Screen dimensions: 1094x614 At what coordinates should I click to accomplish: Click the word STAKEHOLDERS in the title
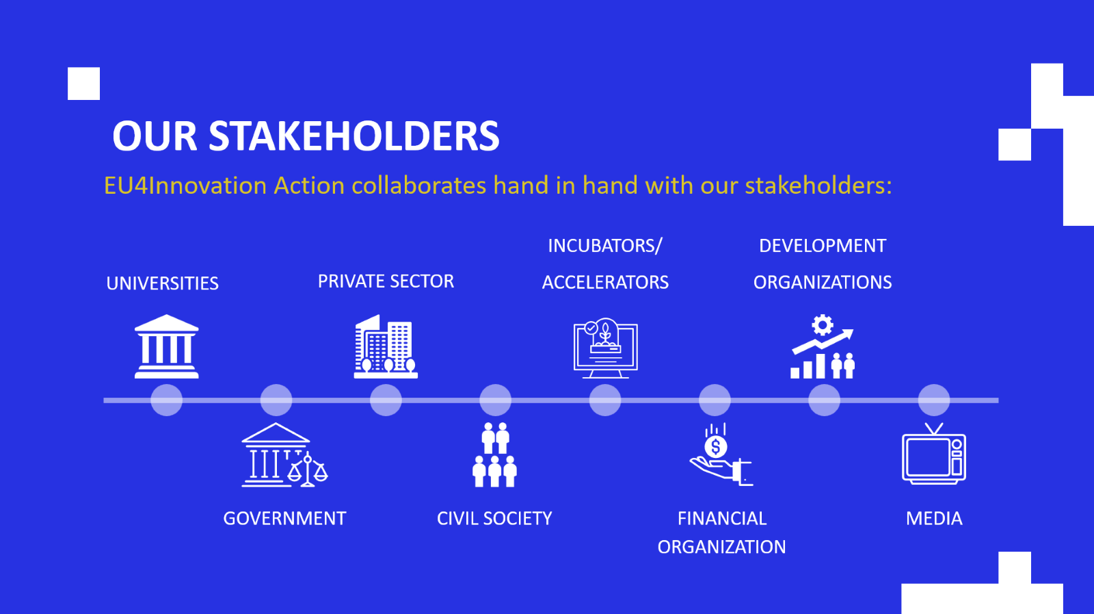(354, 136)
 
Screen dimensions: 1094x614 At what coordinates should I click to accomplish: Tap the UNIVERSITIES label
(162, 283)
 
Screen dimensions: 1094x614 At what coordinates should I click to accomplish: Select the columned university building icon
(167, 346)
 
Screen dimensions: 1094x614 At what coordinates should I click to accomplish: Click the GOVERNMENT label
(284, 519)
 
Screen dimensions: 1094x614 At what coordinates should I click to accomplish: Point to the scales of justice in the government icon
(308, 470)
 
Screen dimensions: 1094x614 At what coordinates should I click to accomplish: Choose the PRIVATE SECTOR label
(386, 281)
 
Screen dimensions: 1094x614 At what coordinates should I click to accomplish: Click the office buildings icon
(386, 346)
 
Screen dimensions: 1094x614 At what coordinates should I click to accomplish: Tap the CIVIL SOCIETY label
(494, 519)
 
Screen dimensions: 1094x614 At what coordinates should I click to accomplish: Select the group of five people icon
(495, 455)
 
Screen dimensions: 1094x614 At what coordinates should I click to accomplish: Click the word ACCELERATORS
(605, 283)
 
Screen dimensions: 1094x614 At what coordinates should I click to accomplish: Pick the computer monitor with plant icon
(606, 348)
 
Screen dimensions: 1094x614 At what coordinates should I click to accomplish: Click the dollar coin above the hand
(716, 446)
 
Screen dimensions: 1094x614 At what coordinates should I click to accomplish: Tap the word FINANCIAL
(722, 519)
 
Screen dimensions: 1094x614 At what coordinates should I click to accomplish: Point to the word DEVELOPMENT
(823, 246)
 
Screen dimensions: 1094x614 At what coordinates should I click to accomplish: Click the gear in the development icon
(823, 325)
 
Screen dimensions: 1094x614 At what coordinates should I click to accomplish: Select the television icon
(934, 454)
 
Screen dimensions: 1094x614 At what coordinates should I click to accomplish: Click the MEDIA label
(934, 519)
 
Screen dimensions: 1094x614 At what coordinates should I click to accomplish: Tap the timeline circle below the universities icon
(167, 400)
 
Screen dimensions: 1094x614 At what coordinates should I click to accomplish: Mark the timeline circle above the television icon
(934, 400)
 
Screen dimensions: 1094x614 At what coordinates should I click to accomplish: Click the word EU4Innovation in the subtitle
(185, 186)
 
